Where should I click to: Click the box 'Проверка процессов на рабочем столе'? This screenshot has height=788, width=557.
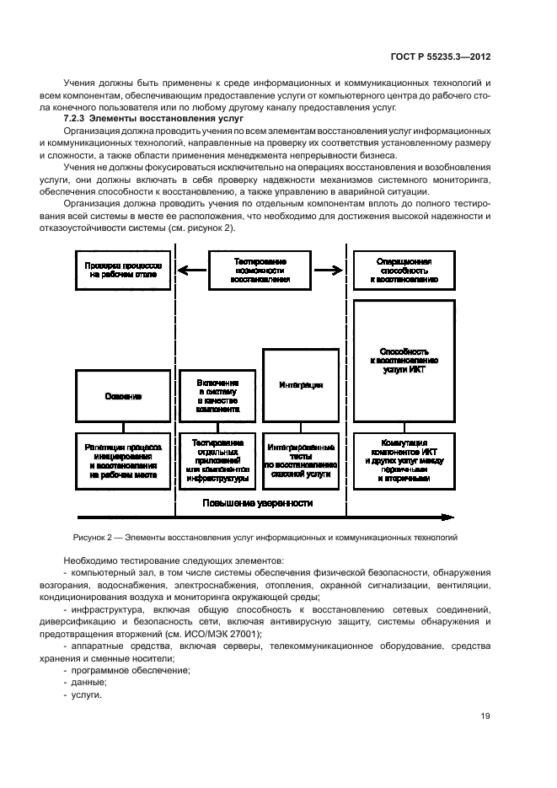[x=123, y=270]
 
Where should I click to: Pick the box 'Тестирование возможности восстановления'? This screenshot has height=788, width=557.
[x=261, y=270]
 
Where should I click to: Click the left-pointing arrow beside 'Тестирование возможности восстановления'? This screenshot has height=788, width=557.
[x=194, y=271]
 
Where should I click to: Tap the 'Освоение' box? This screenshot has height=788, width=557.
[x=123, y=395]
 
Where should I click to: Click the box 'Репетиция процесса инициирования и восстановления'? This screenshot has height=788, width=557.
[x=123, y=461]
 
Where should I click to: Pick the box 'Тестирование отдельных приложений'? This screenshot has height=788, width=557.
[x=217, y=461]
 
